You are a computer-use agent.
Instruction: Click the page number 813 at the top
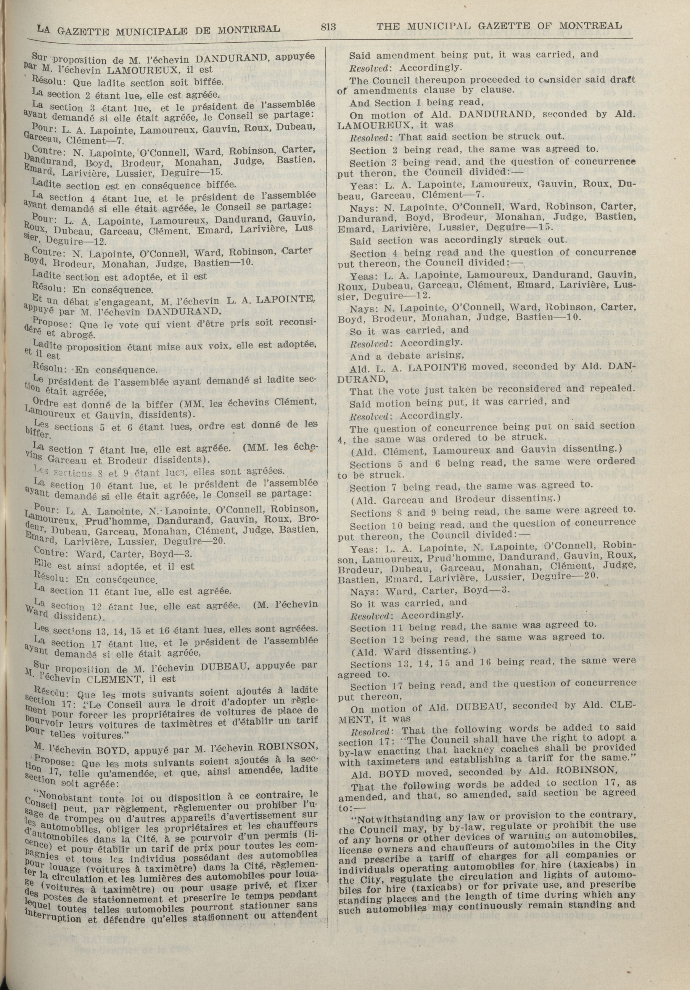tap(328, 27)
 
